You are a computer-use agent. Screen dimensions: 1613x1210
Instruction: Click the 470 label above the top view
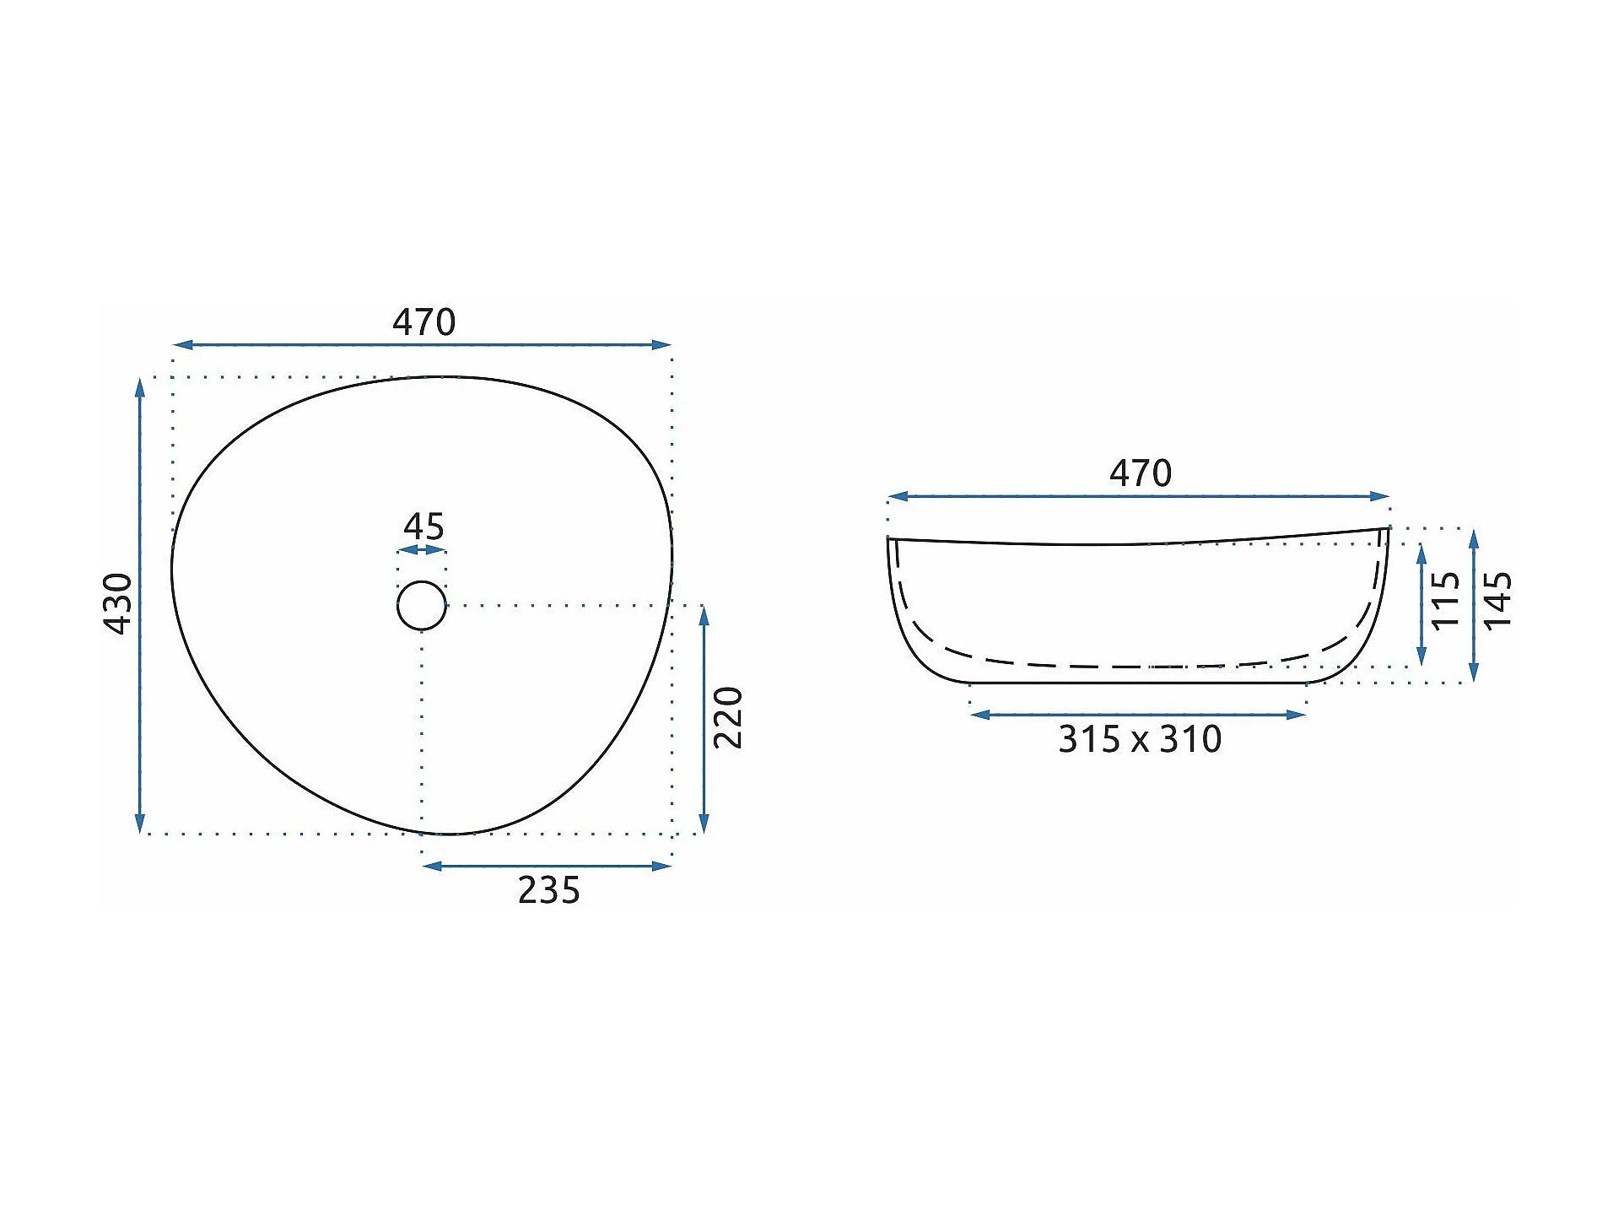(423, 321)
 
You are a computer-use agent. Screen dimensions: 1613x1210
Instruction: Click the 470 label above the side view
(1140, 473)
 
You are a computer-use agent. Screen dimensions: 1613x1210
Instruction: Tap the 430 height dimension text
(119, 603)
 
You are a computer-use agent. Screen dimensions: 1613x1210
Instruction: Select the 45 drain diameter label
(423, 527)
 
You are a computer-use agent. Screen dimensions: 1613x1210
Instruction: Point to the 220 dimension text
(728, 718)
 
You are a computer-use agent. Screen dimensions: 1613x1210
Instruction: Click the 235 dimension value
(548, 890)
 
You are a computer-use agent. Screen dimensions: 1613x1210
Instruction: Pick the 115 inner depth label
(1445, 600)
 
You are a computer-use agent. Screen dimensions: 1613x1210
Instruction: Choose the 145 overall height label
(1497, 600)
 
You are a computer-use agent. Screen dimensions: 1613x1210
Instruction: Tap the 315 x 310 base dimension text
(1140, 739)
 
